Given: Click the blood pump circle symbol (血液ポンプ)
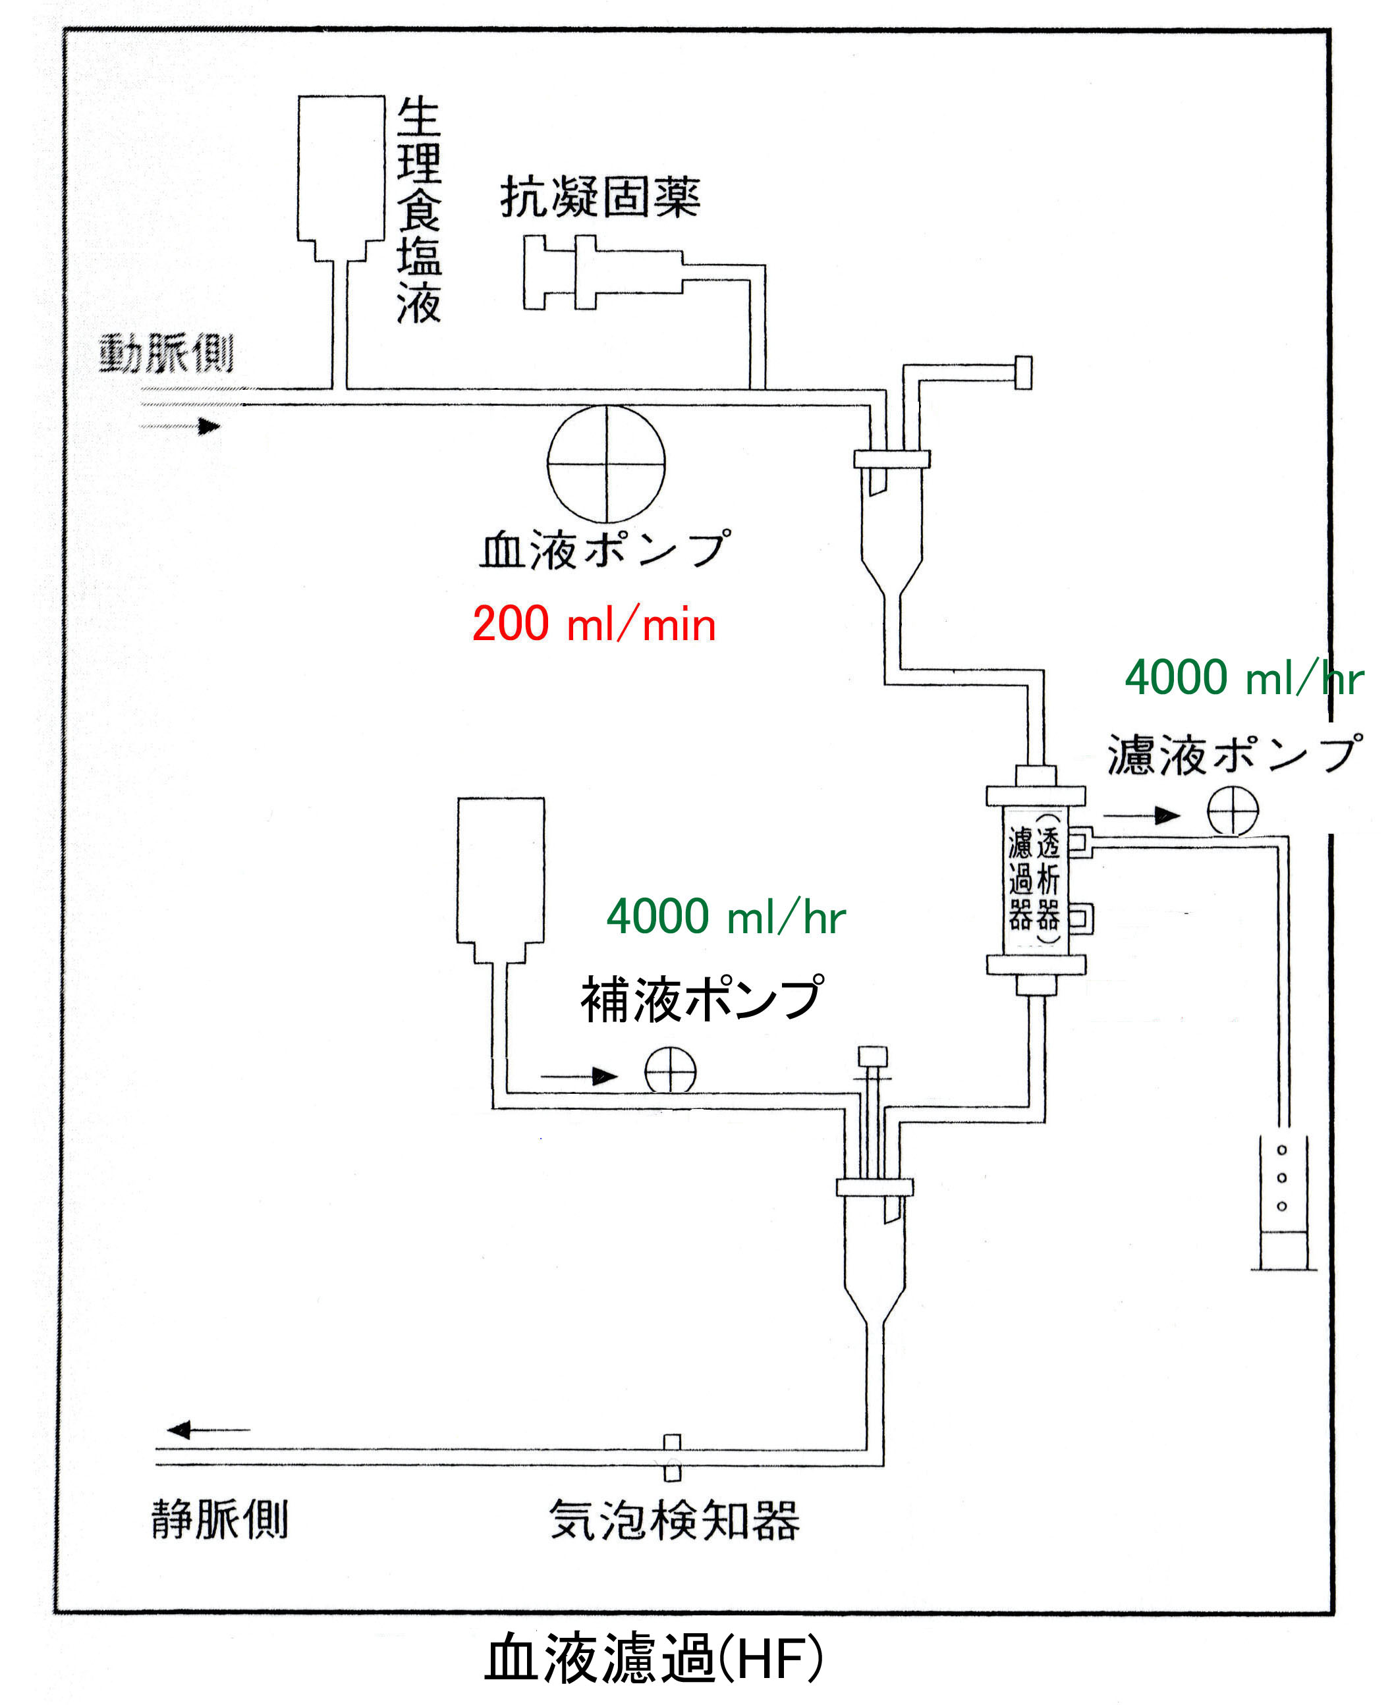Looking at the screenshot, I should pyautogui.click(x=606, y=464).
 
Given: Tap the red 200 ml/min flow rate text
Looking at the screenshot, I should pyautogui.click(x=594, y=624).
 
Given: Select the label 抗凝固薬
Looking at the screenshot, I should pyautogui.click(x=599, y=196).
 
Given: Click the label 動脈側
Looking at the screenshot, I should pyautogui.click(x=166, y=354).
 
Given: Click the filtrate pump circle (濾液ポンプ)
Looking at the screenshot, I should pyautogui.click(x=1233, y=811).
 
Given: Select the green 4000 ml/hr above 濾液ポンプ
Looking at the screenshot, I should pyautogui.click(x=1243, y=678).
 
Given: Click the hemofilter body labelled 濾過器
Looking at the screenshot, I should pyautogui.click(x=1035, y=879).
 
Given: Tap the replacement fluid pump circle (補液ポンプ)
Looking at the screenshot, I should pyautogui.click(x=671, y=1070).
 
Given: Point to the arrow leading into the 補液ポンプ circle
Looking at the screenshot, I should pyautogui.click(x=579, y=1075).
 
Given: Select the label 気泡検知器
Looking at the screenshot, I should pyautogui.click(x=673, y=1520).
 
